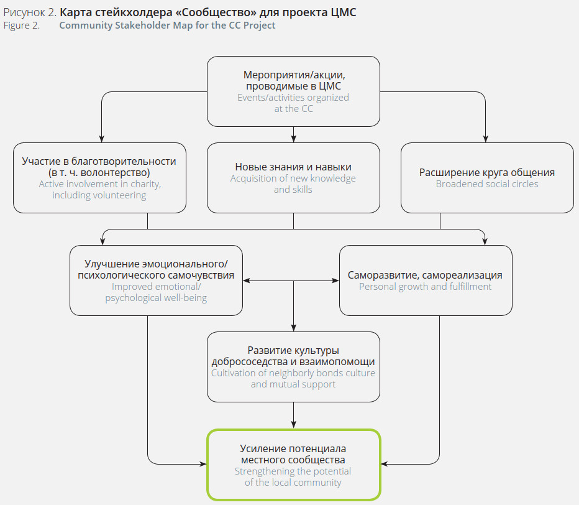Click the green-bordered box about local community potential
point(293,465)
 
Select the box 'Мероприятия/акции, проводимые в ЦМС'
point(293,91)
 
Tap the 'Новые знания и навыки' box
point(293,178)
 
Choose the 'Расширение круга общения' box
point(487,178)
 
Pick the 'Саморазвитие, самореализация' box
point(426,280)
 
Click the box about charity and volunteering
point(99,178)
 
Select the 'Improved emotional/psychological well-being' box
point(156,280)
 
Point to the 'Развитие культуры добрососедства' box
point(293,366)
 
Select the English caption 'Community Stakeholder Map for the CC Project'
point(167,25)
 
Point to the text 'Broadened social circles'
point(487,184)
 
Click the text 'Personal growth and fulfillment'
point(426,287)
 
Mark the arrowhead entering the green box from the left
point(203,464)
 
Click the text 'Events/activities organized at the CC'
point(293,103)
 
